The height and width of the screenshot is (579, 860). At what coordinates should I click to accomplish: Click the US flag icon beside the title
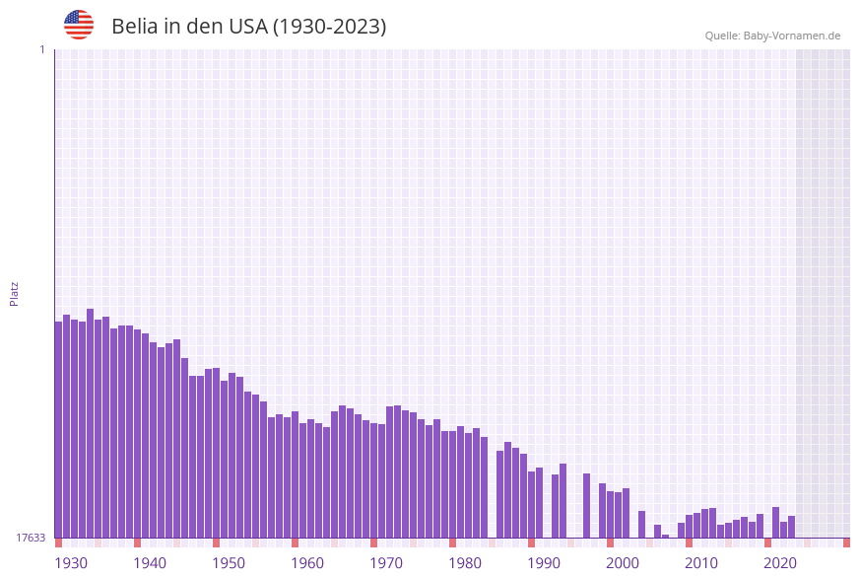point(79,25)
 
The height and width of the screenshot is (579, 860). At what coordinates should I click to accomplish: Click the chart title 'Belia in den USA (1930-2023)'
point(248,27)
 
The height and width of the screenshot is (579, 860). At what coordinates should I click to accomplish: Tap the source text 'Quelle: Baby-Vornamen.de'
point(772,36)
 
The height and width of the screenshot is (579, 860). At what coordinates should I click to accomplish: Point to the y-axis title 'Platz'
point(15,293)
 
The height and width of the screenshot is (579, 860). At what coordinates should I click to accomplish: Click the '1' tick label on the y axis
point(41,49)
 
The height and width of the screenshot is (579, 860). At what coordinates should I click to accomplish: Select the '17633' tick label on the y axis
point(31,538)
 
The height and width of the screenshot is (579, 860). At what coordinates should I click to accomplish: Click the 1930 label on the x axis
point(70,563)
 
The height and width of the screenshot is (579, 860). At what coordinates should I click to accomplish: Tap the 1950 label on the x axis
point(228,563)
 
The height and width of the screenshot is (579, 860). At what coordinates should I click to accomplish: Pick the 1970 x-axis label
point(385,563)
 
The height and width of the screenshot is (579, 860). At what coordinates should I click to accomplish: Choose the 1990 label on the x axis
point(543,563)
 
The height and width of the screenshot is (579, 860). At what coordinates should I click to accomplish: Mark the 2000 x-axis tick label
point(622,563)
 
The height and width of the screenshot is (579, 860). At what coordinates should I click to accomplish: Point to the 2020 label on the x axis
point(779,563)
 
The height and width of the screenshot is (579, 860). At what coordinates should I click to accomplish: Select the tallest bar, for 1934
point(91,424)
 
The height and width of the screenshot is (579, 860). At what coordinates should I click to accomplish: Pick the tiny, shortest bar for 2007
point(666,536)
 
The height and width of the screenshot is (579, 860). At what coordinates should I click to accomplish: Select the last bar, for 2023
point(792,527)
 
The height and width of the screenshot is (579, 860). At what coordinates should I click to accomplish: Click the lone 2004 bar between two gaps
point(642,524)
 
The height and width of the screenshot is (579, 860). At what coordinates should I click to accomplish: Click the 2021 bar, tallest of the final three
point(776,523)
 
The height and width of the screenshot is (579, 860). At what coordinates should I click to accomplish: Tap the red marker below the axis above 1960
point(295,543)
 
